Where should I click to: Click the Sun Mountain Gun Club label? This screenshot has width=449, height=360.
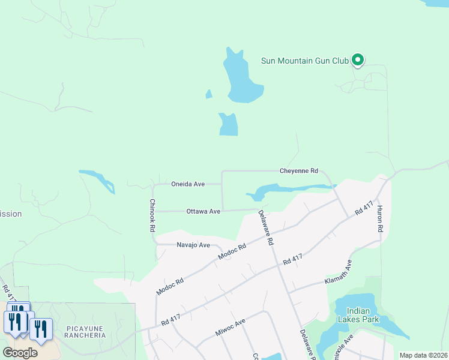(305, 60)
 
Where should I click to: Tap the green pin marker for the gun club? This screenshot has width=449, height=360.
(357, 59)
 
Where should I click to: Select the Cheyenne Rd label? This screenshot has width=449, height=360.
(298, 171)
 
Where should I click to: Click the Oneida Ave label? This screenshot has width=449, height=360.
(188, 184)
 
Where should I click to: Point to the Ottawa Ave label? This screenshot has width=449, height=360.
(203, 211)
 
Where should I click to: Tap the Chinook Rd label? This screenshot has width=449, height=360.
(152, 215)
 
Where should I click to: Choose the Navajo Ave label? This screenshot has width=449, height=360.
(193, 245)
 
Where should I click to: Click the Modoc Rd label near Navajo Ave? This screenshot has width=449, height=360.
(232, 255)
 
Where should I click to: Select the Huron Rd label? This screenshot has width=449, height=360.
(380, 219)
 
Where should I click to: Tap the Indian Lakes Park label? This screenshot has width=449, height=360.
(362, 315)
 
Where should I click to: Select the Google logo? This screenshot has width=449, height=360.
(20, 353)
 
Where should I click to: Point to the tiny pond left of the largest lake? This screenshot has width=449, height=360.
(209, 94)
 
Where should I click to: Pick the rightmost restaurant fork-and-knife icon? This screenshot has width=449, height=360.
(41, 329)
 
